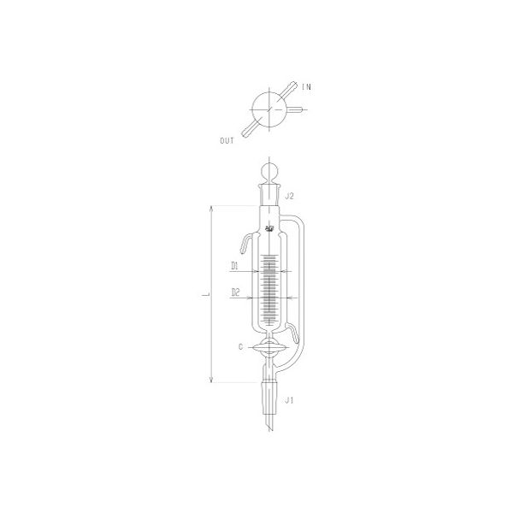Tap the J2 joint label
[290, 196]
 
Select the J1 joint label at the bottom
[290, 399]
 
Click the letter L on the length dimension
[204, 295]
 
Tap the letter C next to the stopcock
[243, 346]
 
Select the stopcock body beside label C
[270, 346]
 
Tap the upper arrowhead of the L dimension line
[212, 209]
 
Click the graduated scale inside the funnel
[270, 291]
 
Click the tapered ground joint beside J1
[271, 398]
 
